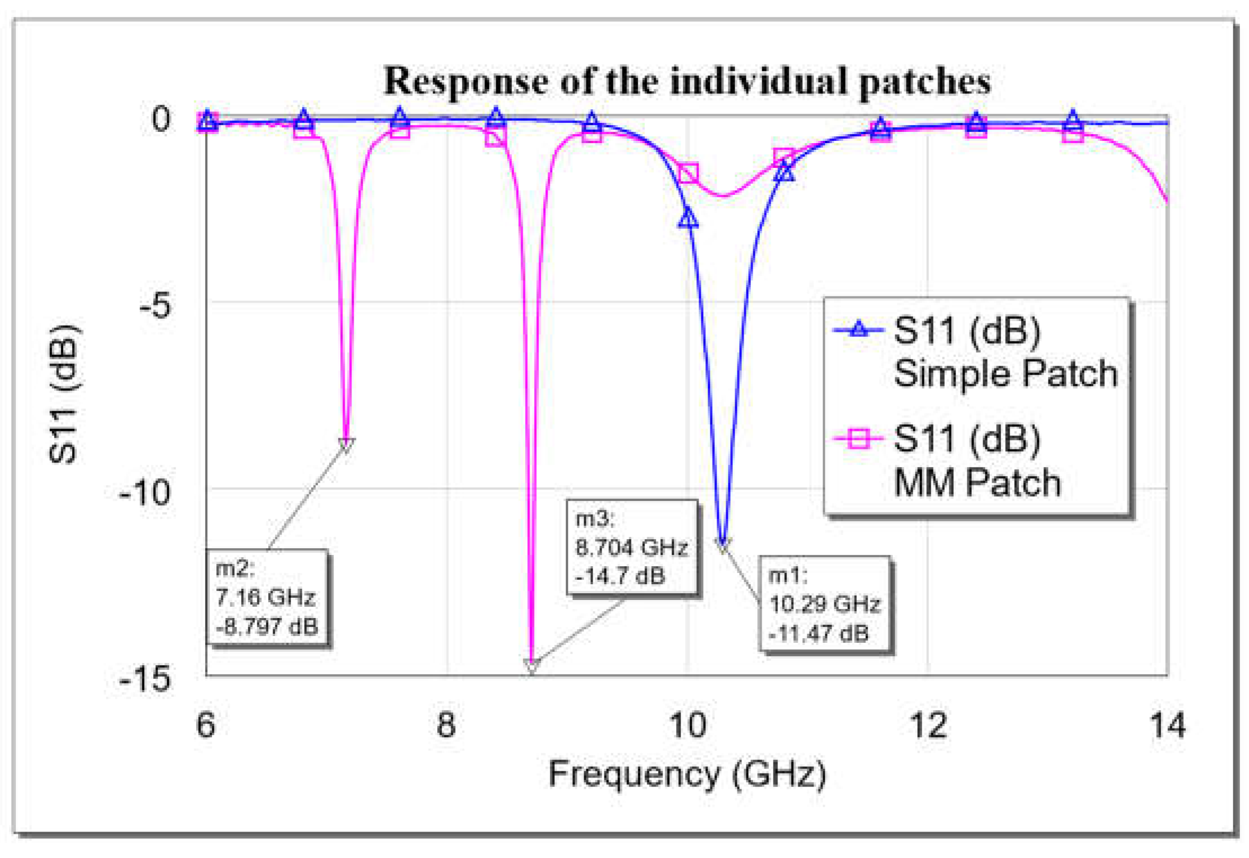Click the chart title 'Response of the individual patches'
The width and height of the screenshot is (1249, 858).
click(x=687, y=81)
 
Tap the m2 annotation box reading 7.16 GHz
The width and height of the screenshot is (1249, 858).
click(x=266, y=597)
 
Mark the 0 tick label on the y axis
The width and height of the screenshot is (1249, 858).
click(x=161, y=119)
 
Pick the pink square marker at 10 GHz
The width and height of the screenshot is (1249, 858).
click(x=688, y=174)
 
